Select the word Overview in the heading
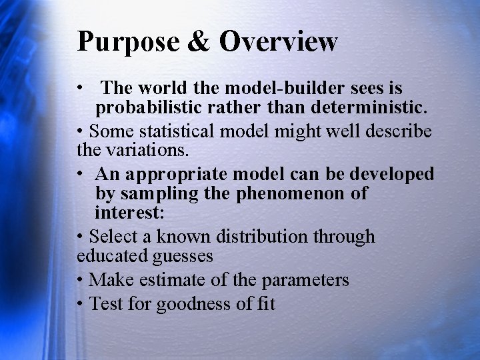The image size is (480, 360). tap(279, 41)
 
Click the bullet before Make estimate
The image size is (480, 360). tap(80, 280)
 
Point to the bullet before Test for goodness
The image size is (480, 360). tap(80, 304)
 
